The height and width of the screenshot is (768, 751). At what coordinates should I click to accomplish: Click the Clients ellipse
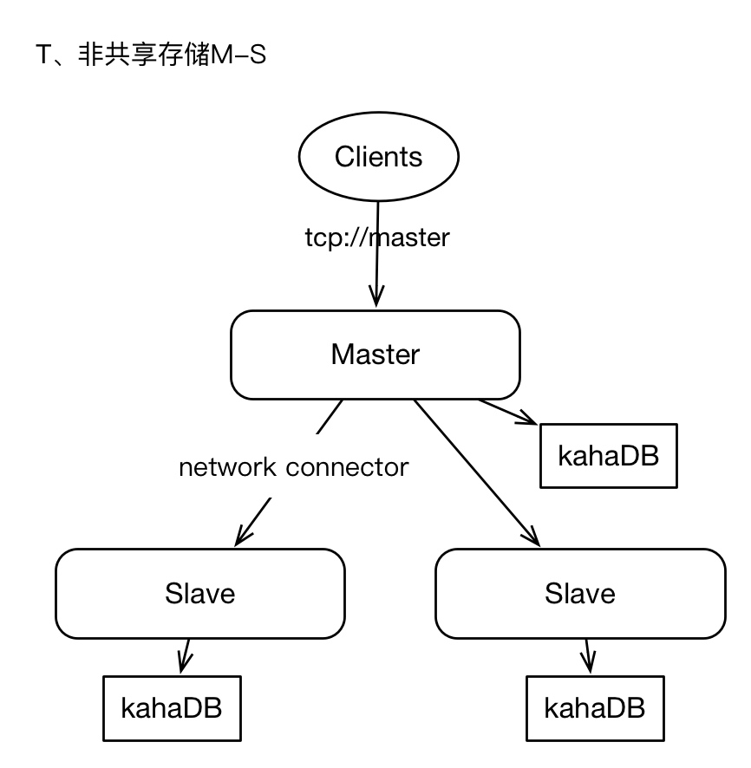click(x=378, y=158)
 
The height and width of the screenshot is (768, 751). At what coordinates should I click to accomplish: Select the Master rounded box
click(x=375, y=355)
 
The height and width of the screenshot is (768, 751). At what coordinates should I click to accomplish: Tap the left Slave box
click(x=200, y=594)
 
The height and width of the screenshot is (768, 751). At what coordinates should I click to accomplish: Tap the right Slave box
click(x=579, y=594)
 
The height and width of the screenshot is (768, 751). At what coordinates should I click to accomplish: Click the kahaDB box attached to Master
click(x=607, y=455)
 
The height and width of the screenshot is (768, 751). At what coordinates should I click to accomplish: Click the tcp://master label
click(x=376, y=238)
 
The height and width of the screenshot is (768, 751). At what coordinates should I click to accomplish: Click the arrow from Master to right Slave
click(x=477, y=472)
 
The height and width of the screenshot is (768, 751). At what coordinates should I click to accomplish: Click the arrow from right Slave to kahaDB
click(x=588, y=657)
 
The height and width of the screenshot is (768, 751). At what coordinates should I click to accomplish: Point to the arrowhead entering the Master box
click(x=376, y=296)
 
